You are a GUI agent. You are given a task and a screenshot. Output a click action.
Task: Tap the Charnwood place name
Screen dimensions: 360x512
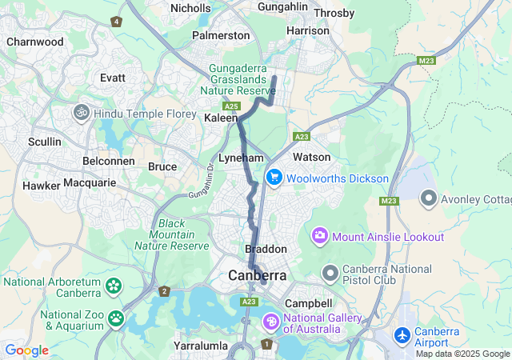click(34, 42)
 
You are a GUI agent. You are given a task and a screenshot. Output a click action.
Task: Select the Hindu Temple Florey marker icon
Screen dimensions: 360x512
click(81, 113)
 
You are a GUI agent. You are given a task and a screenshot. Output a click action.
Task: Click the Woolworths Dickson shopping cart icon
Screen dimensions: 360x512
click(274, 178)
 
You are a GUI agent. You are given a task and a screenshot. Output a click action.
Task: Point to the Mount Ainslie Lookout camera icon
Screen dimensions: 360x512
click(320, 236)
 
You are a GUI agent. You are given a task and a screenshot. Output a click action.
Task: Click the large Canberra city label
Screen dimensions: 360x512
click(257, 276)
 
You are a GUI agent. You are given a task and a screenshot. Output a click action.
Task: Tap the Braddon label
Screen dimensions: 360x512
click(265, 250)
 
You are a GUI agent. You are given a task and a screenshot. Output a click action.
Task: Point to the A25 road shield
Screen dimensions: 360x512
click(232, 106)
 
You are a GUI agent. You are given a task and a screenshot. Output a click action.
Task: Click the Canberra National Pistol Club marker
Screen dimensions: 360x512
click(330, 274)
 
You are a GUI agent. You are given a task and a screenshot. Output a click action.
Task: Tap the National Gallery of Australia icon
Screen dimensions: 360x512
click(271, 322)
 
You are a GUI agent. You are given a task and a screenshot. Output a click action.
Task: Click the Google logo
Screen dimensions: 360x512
click(26, 350)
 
